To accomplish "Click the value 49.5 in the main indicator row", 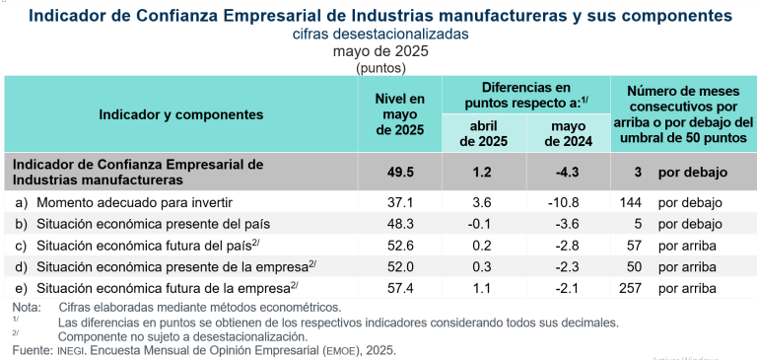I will tap(399, 172).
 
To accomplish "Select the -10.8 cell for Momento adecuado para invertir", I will tap(568, 202).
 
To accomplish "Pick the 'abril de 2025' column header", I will tap(484, 133).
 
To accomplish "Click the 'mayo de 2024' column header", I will tap(568, 133).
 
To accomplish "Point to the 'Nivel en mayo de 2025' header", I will tap(399, 114).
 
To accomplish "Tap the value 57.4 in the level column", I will tap(399, 288).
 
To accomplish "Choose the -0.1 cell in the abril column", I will tap(484, 224).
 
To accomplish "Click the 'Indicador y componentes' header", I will tap(180, 114).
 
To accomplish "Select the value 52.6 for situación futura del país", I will tap(399, 245).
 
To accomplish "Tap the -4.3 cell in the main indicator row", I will tap(568, 172).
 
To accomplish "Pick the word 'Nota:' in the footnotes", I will tap(23, 308).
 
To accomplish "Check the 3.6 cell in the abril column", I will tap(484, 202).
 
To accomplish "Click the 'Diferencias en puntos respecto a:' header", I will tap(525, 95).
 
